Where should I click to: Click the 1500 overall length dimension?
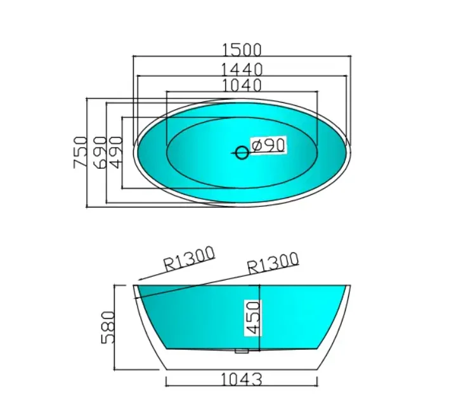click(241, 49)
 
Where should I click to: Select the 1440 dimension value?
click(241, 69)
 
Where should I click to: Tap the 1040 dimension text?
click(241, 84)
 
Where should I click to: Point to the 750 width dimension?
click(79, 152)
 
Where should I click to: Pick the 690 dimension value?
click(99, 152)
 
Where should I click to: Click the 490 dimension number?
click(115, 152)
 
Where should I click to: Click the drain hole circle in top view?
click(242, 152)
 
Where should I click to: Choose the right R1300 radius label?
click(272, 262)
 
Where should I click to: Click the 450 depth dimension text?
click(252, 317)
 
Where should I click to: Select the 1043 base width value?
click(241, 380)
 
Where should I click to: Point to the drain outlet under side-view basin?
click(241, 350)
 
